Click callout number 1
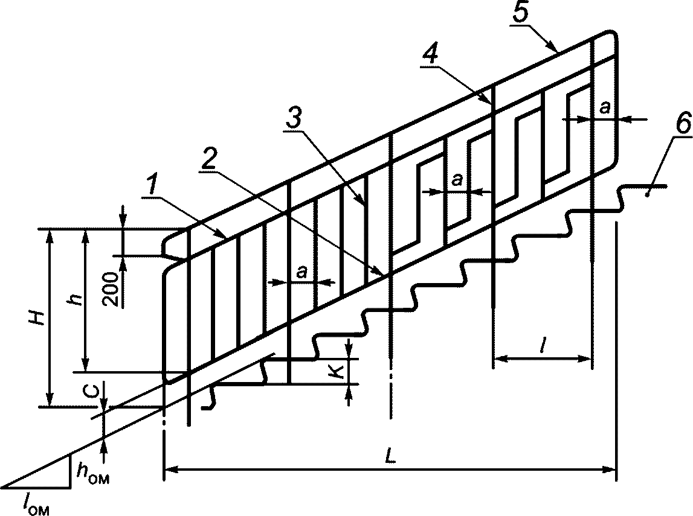pos(152,186)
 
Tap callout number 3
pos(294,117)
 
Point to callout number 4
pos(430,55)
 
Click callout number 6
pos(683,126)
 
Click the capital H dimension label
pos(39,317)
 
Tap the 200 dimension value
pos(111,290)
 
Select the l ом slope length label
pos(37,505)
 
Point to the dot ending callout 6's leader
pos(647,194)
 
